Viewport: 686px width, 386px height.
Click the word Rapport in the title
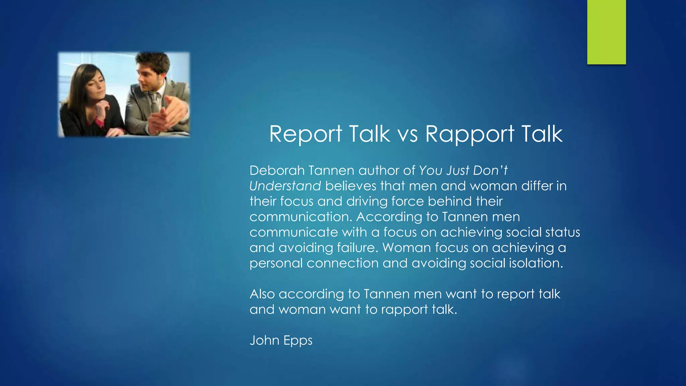pos(470,134)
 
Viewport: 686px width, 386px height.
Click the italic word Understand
pos(285,186)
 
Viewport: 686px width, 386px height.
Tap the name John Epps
pos(281,340)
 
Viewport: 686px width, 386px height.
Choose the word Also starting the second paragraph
pos(262,294)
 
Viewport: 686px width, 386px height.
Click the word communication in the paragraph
pos(300,217)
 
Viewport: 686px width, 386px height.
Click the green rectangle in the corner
pos(606,32)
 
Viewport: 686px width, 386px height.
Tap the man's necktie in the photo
pos(154,101)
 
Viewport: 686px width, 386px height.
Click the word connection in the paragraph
pos(342,263)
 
